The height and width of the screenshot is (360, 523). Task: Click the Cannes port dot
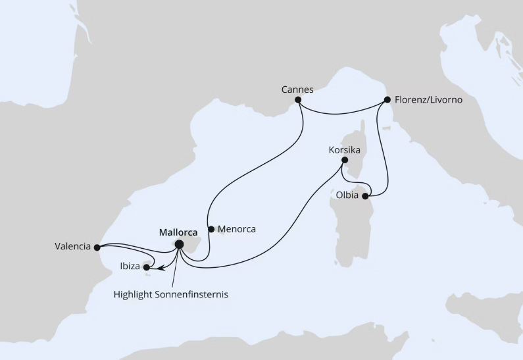click(298, 100)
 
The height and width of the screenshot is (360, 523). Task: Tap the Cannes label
click(297, 89)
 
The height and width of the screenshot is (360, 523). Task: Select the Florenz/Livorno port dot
click(387, 100)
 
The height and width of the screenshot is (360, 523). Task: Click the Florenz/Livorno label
click(429, 100)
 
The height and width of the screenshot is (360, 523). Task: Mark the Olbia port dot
click(366, 195)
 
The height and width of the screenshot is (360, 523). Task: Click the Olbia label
click(347, 195)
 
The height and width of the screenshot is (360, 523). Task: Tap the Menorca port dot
click(211, 230)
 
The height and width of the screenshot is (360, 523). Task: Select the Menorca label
click(237, 230)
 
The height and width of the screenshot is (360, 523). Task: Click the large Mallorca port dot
click(179, 245)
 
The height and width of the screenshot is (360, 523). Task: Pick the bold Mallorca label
click(178, 232)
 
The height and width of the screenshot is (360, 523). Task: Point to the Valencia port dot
click(97, 247)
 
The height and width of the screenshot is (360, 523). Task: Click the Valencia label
click(72, 247)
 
